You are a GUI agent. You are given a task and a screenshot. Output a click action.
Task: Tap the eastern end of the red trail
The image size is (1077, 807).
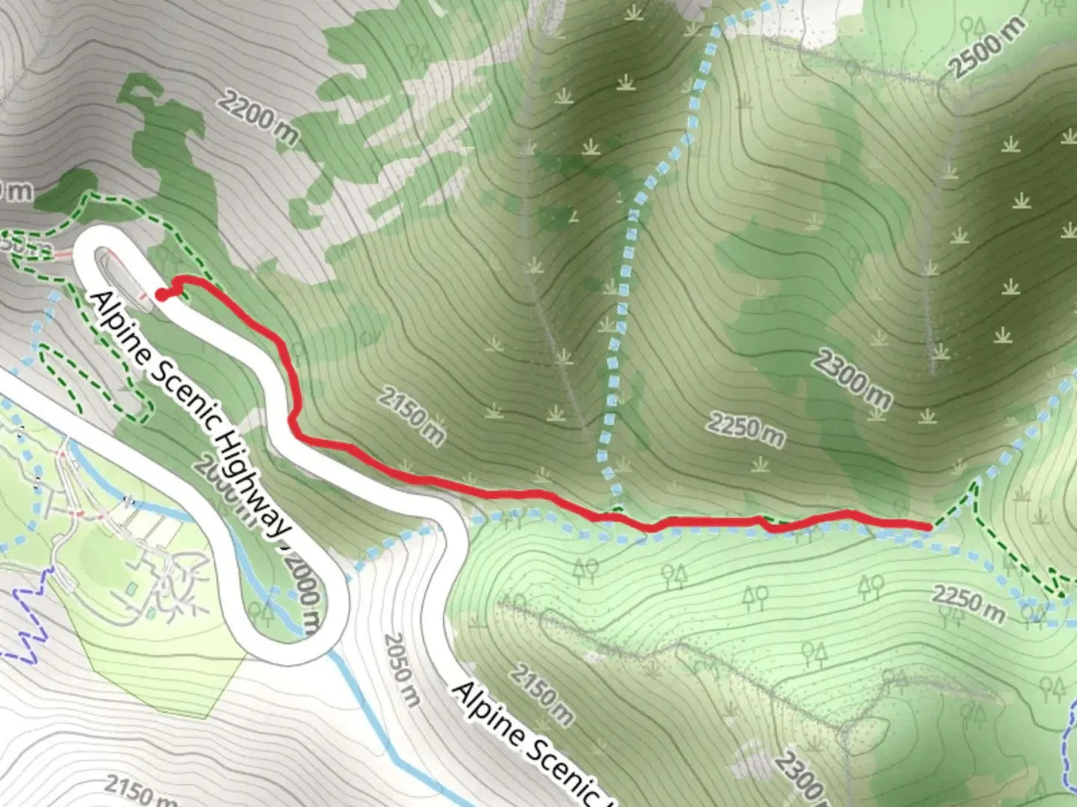(927, 527)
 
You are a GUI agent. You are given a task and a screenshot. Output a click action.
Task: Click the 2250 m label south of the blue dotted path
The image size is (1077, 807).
(969, 604)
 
